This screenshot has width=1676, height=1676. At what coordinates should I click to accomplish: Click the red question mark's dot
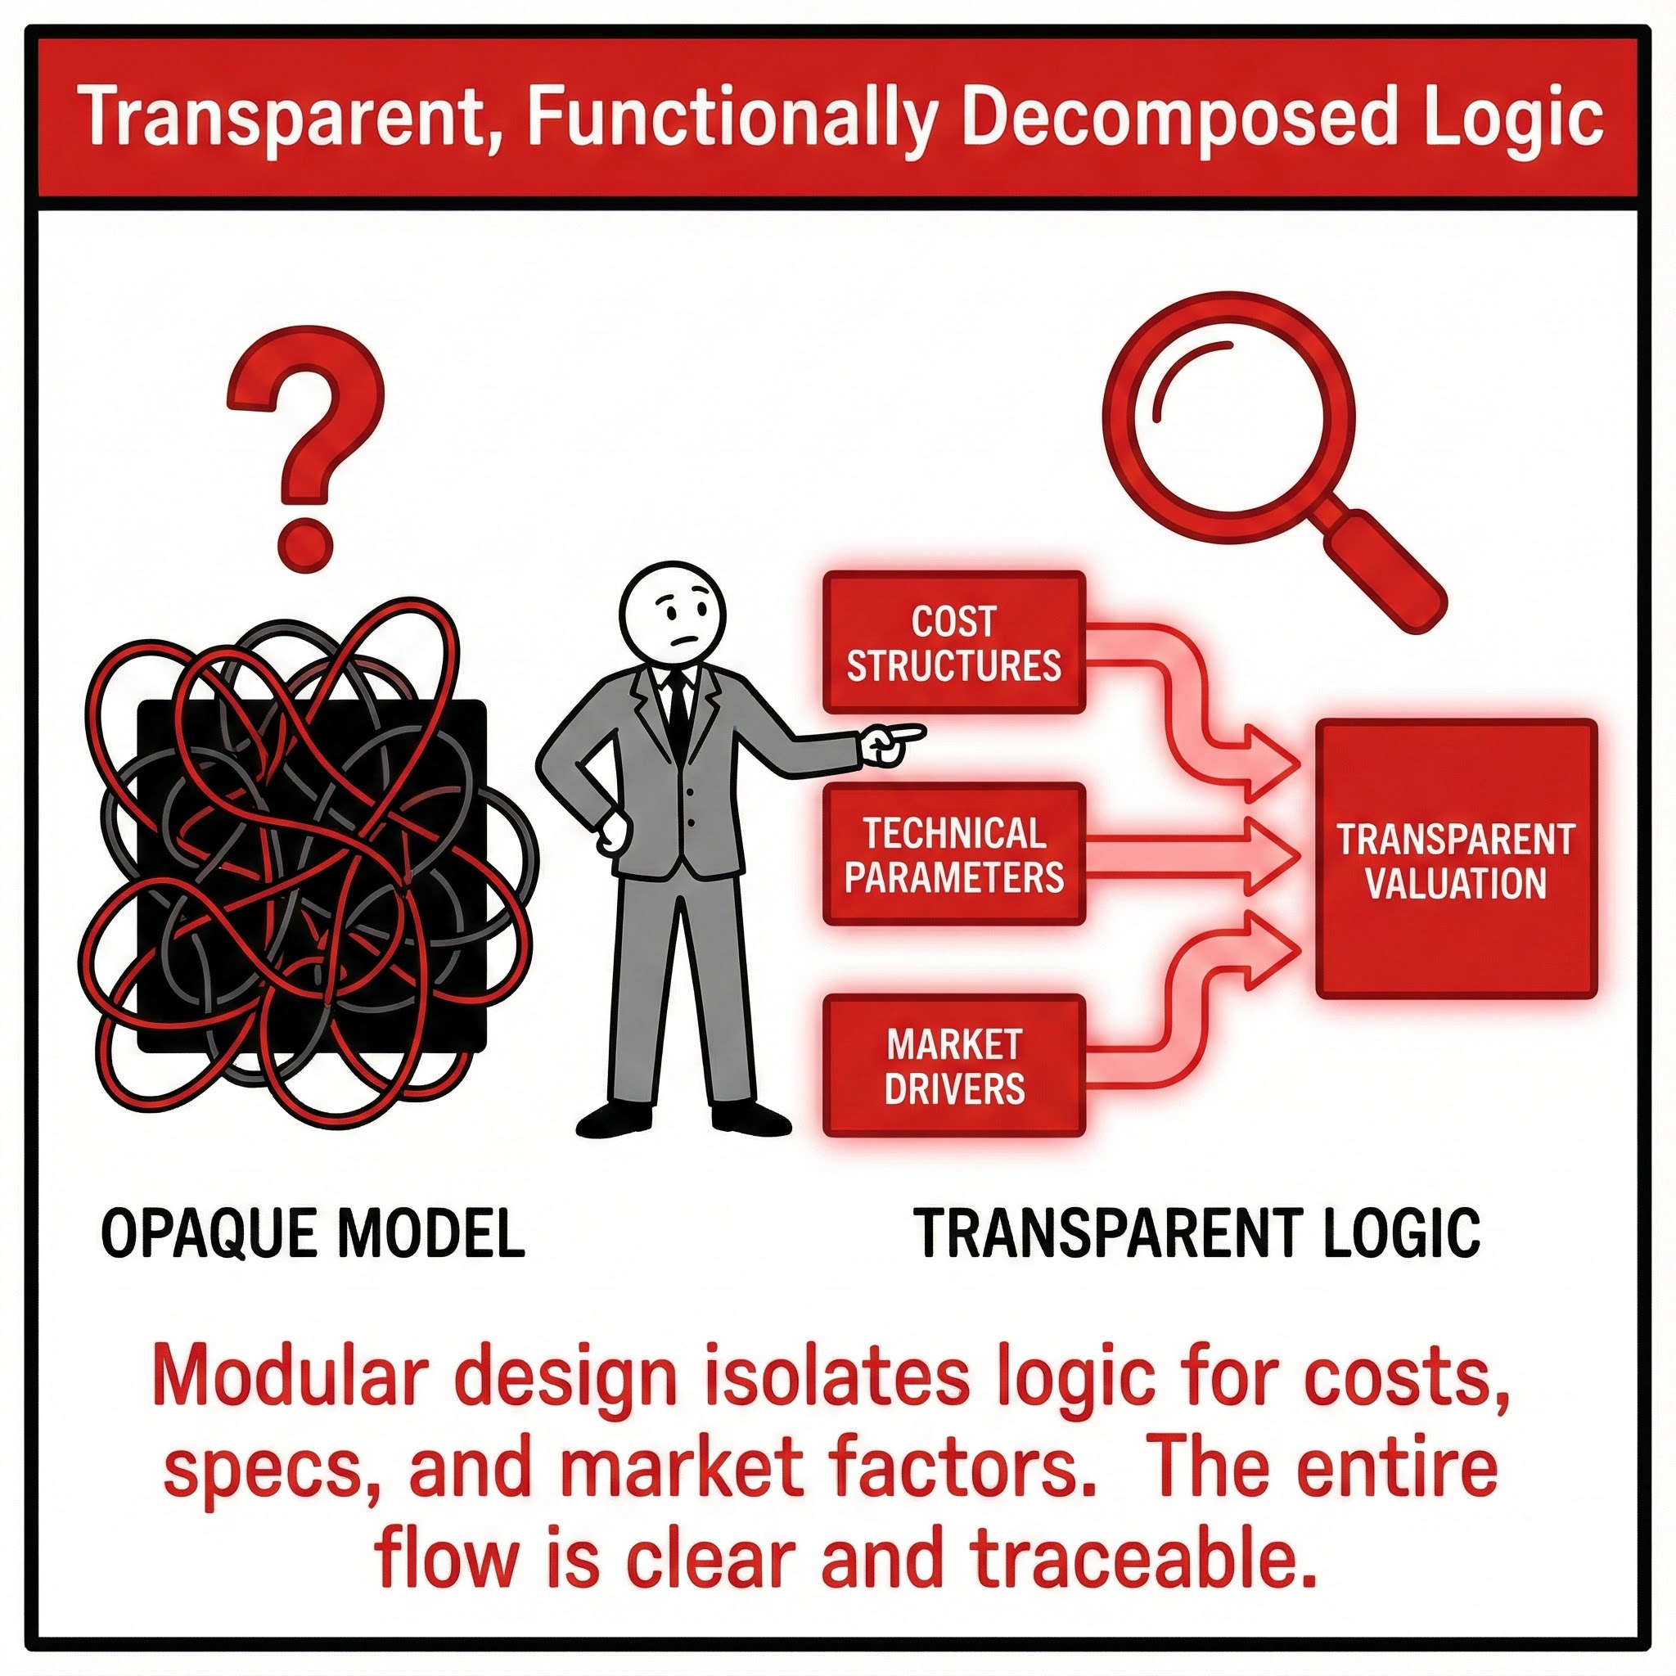(x=304, y=545)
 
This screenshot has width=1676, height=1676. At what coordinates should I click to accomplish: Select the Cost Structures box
(x=953, y=642)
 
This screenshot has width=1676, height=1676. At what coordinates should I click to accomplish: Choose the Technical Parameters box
(x=953, y=854)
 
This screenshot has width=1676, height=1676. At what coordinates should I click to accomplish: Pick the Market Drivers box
(x=953, y=1066)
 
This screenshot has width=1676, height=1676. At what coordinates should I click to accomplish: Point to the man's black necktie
(x=678, y=711)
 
